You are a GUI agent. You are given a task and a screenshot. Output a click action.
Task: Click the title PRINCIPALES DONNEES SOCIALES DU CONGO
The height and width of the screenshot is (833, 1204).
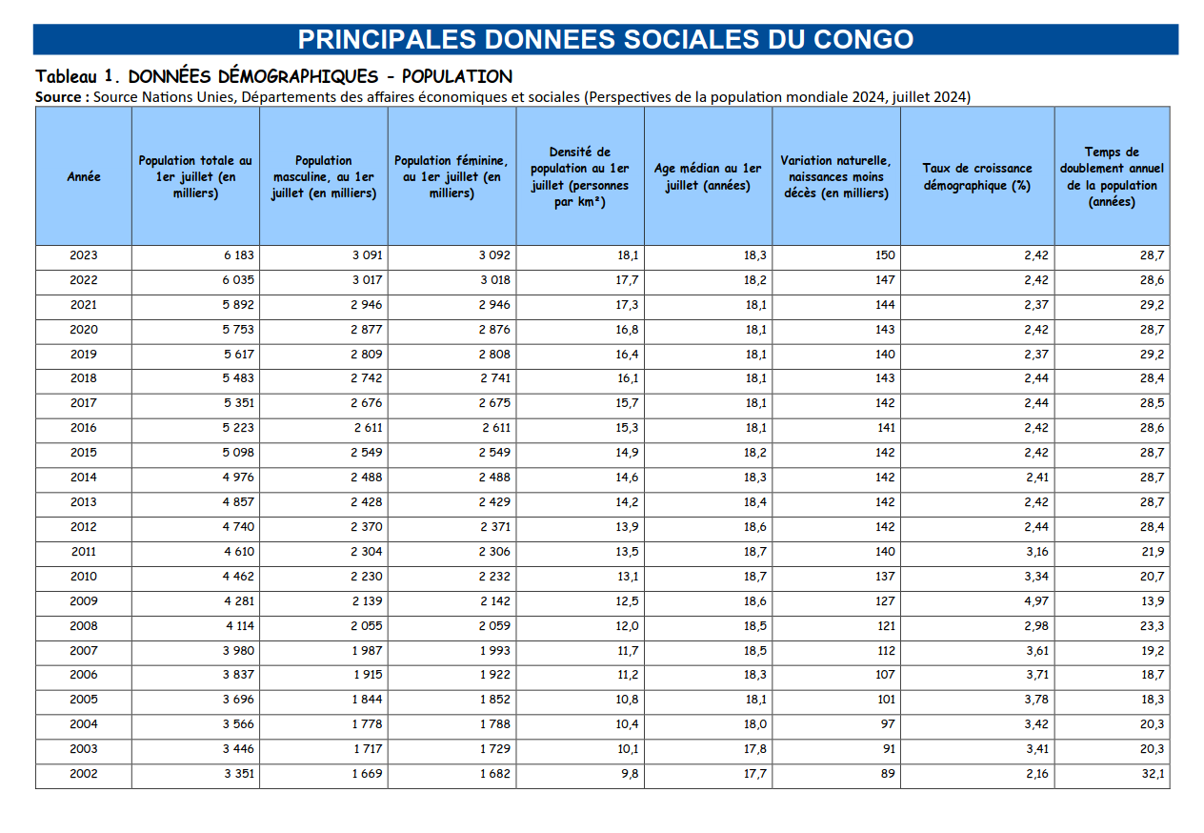pyautogui.click(x=606, y=39)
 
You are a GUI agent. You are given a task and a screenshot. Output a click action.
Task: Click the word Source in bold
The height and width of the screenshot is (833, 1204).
pyautogui.click(x=62, y=97)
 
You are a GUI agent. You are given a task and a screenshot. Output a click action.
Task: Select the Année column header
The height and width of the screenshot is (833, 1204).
pyautogui.click(x=84, y=176)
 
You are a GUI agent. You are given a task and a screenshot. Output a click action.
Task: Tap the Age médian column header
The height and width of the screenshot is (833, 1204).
pyautogui.click(x=708, y=176)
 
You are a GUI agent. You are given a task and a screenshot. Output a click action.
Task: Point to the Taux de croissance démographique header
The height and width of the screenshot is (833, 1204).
pyautogui.click(x=976, y=176)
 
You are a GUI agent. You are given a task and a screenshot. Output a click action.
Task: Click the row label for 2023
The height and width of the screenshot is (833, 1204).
pyautogui.click(x=84, y=255)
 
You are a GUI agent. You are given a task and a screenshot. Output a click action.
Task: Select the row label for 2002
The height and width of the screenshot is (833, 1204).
pyautogui.click(x=84, y=774)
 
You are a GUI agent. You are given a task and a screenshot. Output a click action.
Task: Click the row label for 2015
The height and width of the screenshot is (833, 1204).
pyautogui.click(x=84, y=453)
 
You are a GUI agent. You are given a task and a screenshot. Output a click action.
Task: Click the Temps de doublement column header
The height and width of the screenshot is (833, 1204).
pyautogui.click(x=1112, y=176)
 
